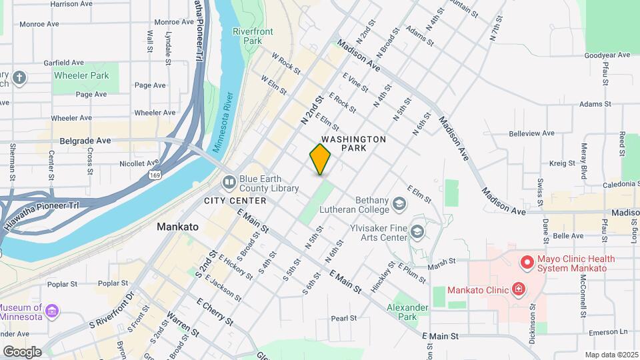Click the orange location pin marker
click(321, 159)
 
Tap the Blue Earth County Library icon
click(229, 181)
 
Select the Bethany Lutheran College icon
click(399, 203)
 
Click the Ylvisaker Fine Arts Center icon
click(417, 231)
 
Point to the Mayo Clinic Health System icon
click(527, 263)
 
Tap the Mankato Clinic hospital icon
click(517, 289)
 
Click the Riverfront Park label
click(247, 36)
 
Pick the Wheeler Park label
click(81, 76)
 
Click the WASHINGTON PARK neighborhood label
click(353, 143)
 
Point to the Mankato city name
click(177, 227)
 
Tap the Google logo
click(22, 351)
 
